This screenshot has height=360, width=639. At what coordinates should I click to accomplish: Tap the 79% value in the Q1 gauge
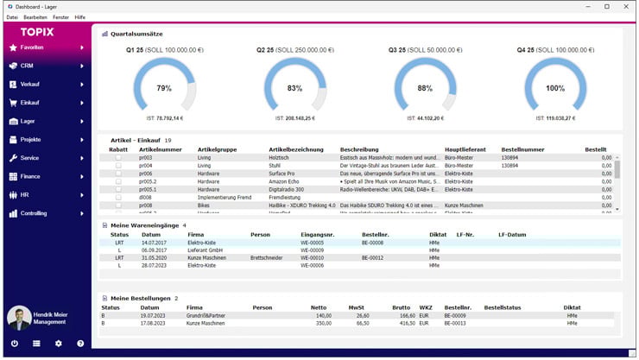point(163,88)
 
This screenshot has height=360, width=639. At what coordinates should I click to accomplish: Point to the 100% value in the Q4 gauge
point(555,88)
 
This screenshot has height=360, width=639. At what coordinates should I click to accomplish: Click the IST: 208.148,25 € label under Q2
point(294,117)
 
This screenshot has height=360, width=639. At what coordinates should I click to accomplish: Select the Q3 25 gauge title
point(403,49)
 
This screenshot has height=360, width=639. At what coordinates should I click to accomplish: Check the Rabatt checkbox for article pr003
point(118,158)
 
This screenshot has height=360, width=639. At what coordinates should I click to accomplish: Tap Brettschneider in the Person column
point(268,257)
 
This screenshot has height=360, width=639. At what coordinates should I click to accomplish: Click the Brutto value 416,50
point(402,323)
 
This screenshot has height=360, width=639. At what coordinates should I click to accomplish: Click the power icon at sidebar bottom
point(14,344)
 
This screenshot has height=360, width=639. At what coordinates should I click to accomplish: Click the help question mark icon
point(80,344)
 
